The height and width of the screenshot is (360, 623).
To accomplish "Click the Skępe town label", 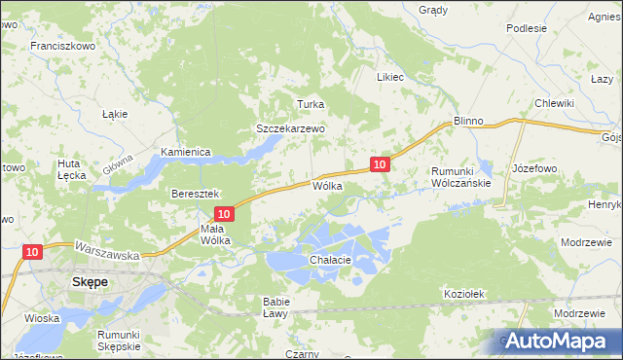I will (90, 281).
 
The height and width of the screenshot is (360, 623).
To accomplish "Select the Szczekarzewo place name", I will (289, 127).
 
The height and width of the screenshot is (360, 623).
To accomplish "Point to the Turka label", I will (310, 104).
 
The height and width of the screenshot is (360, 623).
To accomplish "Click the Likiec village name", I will (389, 77).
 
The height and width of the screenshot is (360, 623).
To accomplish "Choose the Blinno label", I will (468, 121).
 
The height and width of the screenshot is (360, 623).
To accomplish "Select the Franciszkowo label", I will (60, 46).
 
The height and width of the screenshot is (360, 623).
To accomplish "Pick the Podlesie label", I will (527, 28).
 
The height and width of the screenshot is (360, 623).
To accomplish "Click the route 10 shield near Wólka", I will (380, 164).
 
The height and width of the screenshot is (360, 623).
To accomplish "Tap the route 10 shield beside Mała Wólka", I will (224, 213).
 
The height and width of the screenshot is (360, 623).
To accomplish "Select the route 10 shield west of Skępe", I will (32, 252).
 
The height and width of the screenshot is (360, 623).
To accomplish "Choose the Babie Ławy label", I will (275, 307).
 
